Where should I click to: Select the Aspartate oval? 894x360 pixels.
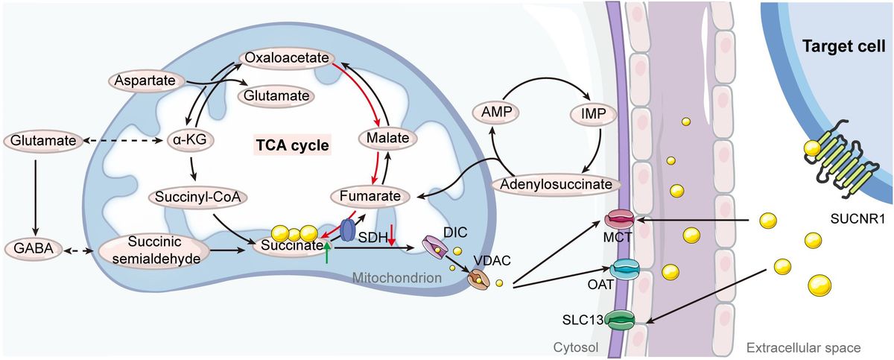click(147, 79)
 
